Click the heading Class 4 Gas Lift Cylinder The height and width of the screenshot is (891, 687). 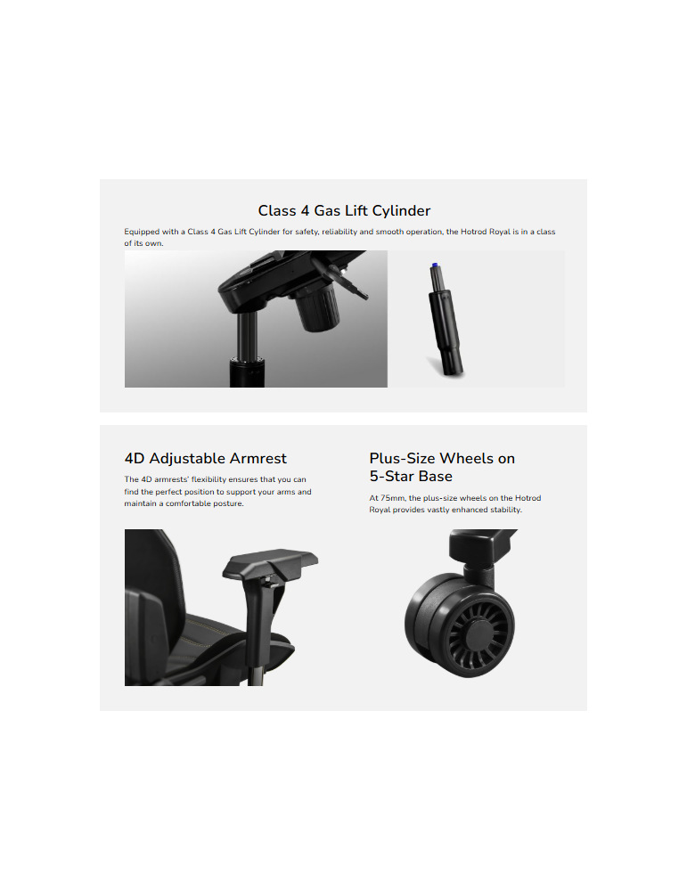pos(344,211)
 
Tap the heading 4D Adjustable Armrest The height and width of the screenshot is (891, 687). pos(205,459)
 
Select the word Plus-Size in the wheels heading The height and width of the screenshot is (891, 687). pos(403,458)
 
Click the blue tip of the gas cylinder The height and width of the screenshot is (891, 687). pos(434,266)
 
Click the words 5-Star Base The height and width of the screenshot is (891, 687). pos(411,476)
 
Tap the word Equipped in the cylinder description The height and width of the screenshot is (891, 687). pos(142,232)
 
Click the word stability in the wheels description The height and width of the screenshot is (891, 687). pos(505,510)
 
